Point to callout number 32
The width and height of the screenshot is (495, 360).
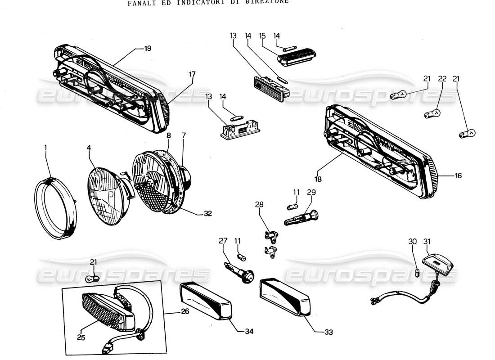pos(207,214)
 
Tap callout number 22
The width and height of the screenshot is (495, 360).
pos(442,79)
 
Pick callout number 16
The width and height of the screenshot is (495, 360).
pos(458,176)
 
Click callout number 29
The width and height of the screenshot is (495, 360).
pos(311,192)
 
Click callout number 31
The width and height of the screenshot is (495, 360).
pos(427,242)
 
